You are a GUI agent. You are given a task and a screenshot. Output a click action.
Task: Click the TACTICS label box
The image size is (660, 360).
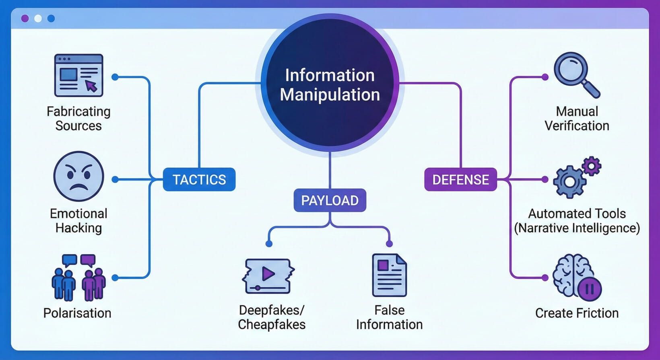[x=199, y=179]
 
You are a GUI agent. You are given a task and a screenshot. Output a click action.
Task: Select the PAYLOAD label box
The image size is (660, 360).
[x=330, y=200]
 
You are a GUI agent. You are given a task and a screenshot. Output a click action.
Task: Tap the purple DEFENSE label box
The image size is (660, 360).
[x=460, y=179]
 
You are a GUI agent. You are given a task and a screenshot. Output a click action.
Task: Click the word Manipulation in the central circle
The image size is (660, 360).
[x=330, y=95]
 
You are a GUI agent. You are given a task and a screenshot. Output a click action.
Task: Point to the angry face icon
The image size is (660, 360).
[x=78, y=177]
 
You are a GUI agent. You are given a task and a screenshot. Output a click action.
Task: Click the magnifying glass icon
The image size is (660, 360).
[x=575, y=74]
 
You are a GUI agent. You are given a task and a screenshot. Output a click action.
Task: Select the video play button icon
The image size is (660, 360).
[x=268, y=275]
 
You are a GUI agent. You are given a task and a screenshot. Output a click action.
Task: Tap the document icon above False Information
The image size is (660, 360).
[x=389, y=275]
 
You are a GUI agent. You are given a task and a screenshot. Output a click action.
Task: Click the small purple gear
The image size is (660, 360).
[x=591, y=165]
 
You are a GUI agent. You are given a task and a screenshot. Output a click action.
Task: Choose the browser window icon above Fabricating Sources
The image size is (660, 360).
[x=78, y=75]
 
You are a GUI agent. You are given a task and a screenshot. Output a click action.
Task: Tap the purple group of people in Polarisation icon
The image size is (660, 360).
[x=94, y=282]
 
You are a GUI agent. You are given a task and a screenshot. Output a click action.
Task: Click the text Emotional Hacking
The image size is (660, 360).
[x=78, y=220]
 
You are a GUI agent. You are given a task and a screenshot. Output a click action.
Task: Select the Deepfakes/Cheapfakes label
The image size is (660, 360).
[x=272, y=317]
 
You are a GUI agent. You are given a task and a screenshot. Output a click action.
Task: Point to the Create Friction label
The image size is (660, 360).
[x=576, y=313]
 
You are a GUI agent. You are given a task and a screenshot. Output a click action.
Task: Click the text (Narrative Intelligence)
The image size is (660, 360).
[x=576, y=228]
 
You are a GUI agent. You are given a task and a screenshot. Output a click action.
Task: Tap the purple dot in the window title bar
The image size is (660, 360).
[x=25, y=19]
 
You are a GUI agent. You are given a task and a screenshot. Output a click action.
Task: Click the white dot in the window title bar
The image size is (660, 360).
[x=38, y=19]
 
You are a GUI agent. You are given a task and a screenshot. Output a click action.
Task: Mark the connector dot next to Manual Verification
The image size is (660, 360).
[x=545, y=77]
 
